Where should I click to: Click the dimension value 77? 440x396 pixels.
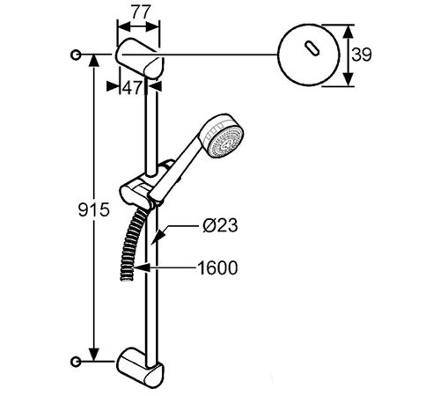(x=141, y=12)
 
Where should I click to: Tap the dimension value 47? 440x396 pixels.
(x=132, y=87)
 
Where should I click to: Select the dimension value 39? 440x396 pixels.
(x=362, y=55)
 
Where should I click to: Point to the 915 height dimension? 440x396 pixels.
(x=94, y=209)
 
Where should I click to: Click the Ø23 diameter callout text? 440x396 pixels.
(x=220, y=225)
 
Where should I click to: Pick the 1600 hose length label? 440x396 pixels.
(x=217, y=268)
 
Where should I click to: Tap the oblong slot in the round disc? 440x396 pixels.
(x=312, y=48)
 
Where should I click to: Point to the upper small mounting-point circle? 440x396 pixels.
(x=76, y=55)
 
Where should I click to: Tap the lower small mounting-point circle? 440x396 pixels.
(x=76, y=362)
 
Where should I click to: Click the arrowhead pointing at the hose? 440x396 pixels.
(x=142, y=268)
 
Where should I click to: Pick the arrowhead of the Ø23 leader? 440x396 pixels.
(x=158, y=235)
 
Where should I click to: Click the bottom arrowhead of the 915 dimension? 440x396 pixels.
(x=94, y=355)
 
